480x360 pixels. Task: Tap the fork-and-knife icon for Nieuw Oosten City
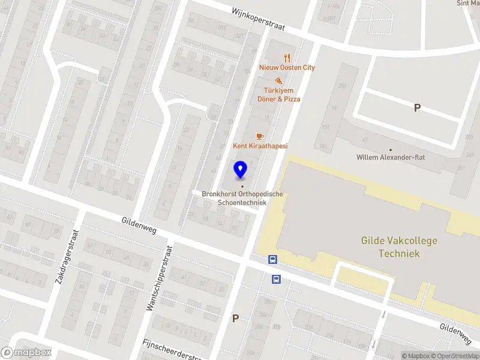(287, 58)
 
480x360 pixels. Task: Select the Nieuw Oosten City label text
(287, 68)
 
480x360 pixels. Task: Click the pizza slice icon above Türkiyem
(278, 80)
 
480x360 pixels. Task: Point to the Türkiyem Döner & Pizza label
(278, 95)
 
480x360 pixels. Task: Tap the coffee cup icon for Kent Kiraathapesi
(260, 136)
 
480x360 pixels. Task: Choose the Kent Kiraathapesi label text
(260, 146)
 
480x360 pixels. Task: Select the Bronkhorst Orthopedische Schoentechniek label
(242, 198)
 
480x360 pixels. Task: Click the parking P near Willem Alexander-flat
(417, 107)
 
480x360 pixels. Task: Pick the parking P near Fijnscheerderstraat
(236, 319)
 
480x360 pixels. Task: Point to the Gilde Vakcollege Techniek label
(399, 247)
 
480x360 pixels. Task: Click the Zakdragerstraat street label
(67, 257)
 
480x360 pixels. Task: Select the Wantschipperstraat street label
(160, 277)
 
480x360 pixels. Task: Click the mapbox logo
(26, 353)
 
